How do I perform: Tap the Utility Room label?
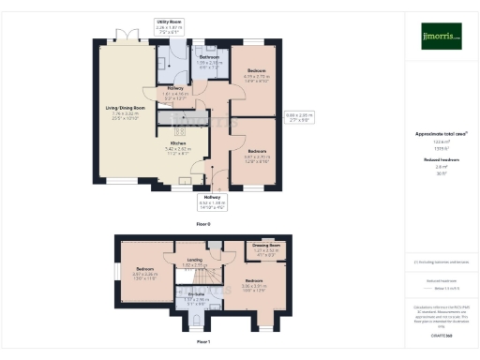pos(169,21)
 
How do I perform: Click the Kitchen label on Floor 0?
pos(178,142)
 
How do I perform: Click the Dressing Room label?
pos(267,246)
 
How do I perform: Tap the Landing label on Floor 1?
pos(194,261)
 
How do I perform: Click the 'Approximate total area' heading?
pos(441,134)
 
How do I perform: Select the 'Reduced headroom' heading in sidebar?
pos(441,160)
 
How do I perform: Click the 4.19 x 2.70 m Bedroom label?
pos(257,71)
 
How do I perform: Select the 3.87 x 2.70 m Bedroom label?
pos(257,150)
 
